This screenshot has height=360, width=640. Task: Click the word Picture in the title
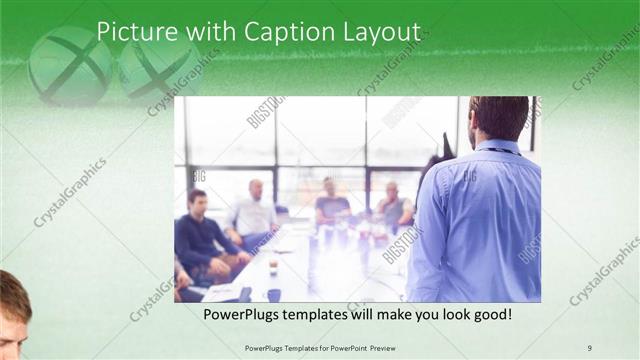coord(130,33)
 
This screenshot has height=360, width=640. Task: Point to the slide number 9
coord(589,347)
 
